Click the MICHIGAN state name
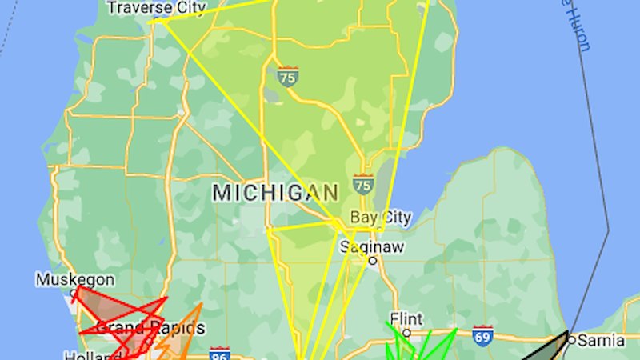click(275, 193)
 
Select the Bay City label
click(381, 218)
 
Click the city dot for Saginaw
click(373, 260)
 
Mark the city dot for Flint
click(406, 331)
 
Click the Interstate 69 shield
click(482, 334)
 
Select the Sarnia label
click(601, 340)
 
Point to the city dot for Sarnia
click(572, 339)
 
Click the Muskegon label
click(75, 280)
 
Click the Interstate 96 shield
click(221, 353)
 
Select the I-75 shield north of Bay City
click(363, 185)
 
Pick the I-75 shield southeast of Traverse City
click(288, 77)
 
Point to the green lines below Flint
click(420, 348)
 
